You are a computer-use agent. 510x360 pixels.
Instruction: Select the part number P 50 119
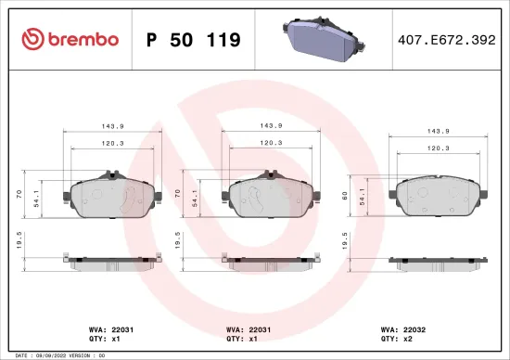tap(194, 40)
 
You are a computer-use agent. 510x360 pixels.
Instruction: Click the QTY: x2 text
tap(398, 339)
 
